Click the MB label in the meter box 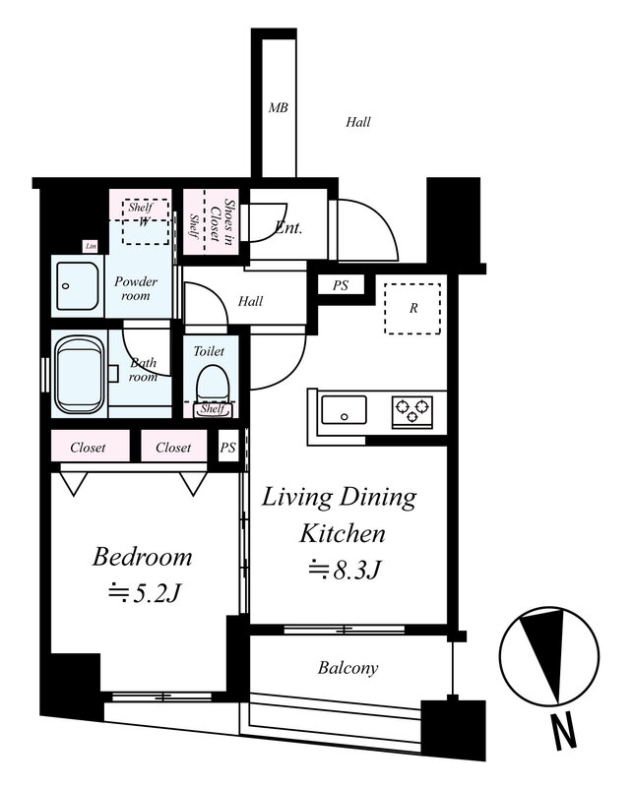[x=278, y=107]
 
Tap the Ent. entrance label [x=288, y=228]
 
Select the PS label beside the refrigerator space [x=340, y=285]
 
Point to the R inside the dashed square [x=412, y=308]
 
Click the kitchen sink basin [x=345, y=410]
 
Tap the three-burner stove [x=412, y=411]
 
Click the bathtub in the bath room [x=80, y=374]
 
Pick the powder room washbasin [x=78, y=286]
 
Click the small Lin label [x=91, y=246]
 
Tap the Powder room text [x=136, y=288]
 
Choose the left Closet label [x=88, y=448]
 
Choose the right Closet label [x=173, y=448]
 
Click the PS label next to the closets [x=227, y=448]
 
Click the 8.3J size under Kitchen [x=344, y=570]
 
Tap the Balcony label [x=348, y=668]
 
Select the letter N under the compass [x=564, y=733]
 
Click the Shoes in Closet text [x=222, y=222]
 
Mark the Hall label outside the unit [x=358, y=122]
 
